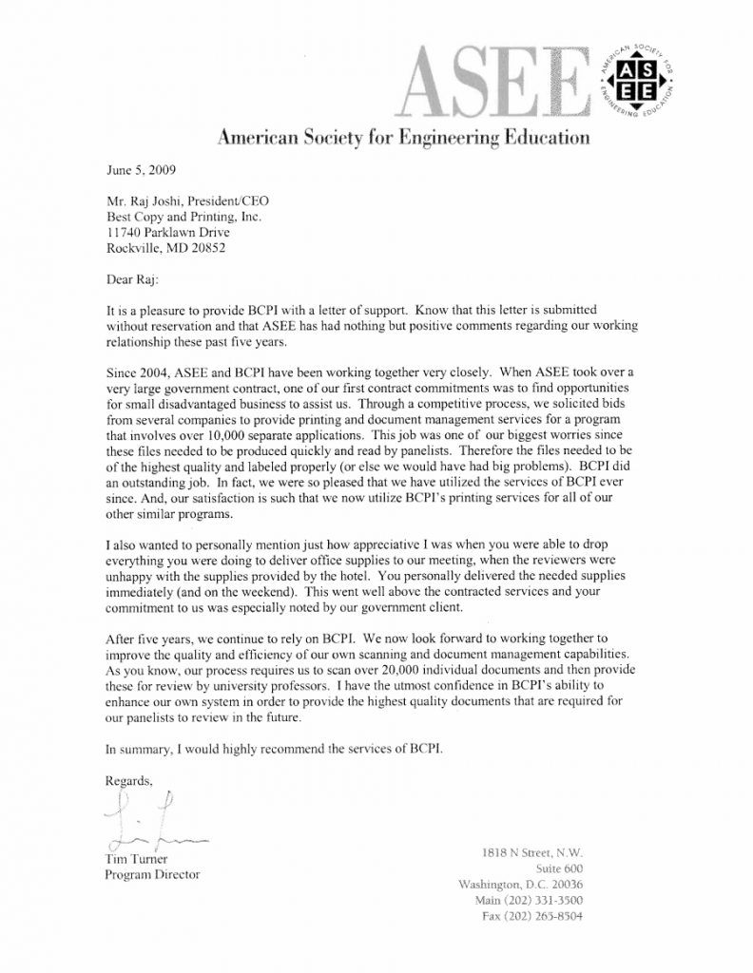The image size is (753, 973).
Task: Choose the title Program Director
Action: click(151, 874)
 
